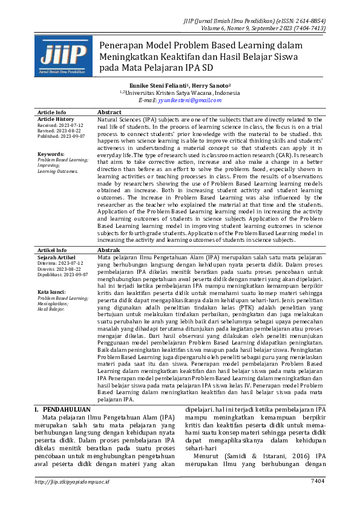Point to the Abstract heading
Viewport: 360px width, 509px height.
110,112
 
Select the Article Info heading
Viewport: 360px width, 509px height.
52,112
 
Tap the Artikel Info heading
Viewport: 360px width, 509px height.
53,250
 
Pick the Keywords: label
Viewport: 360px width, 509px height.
50,154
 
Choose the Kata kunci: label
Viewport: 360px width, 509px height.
51,293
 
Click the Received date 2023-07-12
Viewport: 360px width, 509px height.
69,125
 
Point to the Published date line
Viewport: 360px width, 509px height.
61,136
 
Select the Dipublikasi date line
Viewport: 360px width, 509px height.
63,274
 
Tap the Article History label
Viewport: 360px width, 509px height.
56,119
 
